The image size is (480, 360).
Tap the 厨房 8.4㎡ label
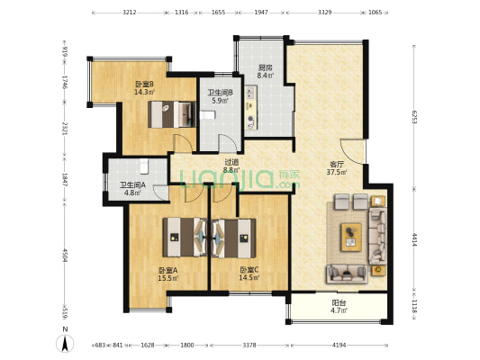(265, 72)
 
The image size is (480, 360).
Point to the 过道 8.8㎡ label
(231, 166)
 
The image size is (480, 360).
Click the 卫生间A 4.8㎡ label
(132, 189)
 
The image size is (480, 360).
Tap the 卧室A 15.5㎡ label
(168, 274)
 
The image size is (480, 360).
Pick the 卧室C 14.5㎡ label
(249, 274)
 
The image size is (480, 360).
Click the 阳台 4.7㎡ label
(339, 307)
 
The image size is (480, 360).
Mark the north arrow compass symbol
(65, 342)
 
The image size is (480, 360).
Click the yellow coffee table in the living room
(349, 238)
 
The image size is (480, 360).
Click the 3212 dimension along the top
(129, 13)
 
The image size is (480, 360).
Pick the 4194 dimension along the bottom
(339, 345)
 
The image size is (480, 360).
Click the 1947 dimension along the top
(260, 13)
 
